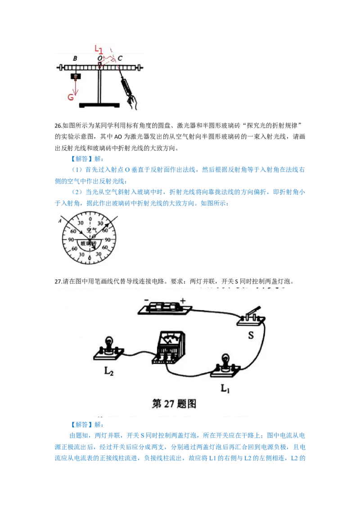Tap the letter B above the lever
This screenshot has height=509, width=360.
[x=75, y=59]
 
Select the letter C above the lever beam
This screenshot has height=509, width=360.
[x=120, y=58]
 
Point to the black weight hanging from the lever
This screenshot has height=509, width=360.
[x=76, y=76]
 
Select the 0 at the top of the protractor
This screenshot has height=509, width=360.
[x=90, y=219]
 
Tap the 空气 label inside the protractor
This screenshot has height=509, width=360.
[x=92, y=229]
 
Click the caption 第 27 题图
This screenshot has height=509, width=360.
[x=175, y=403]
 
